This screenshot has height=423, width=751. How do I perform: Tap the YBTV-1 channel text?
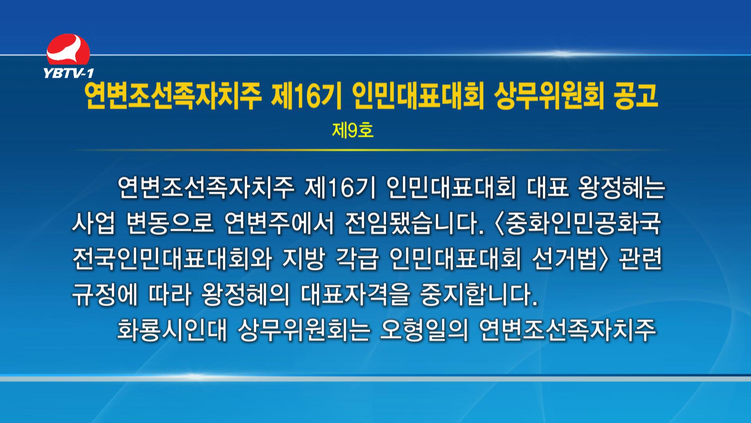coord(69,73)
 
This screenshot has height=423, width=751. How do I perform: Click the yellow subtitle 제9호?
coord(353,130)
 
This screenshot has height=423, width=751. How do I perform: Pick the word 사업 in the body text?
coord(93,223)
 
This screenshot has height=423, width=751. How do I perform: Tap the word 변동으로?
coord(170,223)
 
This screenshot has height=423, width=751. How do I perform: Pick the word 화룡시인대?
coord(172,329)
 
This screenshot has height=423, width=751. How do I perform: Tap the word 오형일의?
coord(424,329)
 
